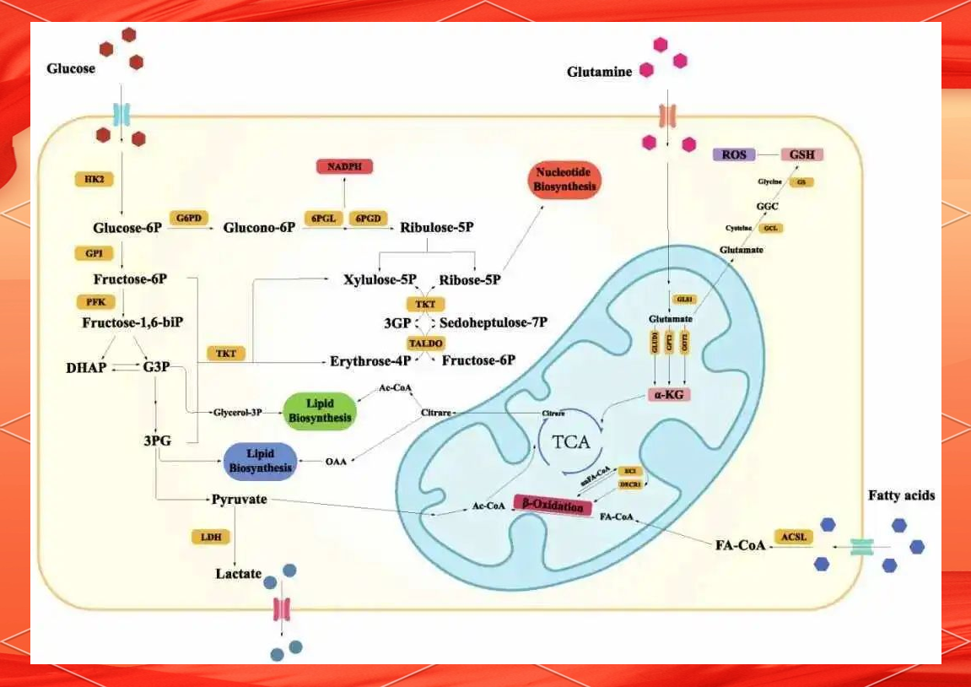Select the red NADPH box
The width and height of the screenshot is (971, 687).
[344, 166]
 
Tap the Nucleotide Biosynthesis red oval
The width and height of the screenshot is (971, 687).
[565, 180]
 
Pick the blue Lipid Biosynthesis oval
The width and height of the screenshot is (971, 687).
[260, 461]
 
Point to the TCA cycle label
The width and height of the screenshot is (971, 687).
[571, 442]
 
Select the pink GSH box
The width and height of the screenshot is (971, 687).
[801, 154]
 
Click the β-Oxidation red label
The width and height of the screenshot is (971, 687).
[553, 504]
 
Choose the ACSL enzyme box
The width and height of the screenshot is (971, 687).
[793, 537]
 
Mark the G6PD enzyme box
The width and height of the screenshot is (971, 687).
[189, 218]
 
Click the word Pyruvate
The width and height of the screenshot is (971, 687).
[239, 500]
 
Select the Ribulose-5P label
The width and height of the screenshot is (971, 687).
[436, 228]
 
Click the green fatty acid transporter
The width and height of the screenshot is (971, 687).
[861, 547]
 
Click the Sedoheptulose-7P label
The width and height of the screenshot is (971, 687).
[494, 322]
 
